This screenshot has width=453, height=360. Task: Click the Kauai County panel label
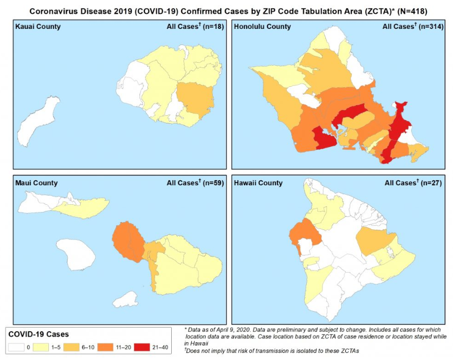[x=38, y=27]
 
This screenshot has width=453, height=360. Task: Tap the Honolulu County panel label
[x=262, y=27]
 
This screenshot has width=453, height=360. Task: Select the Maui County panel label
[x=36, y=183]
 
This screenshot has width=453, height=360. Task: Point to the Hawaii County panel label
[x=258, y=183]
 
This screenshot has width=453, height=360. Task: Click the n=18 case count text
[x=213, y=27]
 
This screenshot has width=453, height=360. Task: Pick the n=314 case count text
[x=431, y=27]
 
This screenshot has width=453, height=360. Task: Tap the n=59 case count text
[x=213, y=183]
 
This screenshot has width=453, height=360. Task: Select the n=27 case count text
[x=431, y=183]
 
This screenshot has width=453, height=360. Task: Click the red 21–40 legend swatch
[x=142, y=347]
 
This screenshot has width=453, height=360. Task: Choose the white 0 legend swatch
[x=16, y=347]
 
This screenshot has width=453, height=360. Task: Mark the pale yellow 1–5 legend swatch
[x=41, y=347]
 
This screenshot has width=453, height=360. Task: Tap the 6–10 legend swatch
[x=71, y=347]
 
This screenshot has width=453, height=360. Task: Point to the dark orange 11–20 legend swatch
[x=106, y=347]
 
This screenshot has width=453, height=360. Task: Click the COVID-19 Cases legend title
[x=38, y=334]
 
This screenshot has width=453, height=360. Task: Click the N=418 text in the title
[x=412, y=11]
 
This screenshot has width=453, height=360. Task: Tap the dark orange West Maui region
[x=127, y=241]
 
